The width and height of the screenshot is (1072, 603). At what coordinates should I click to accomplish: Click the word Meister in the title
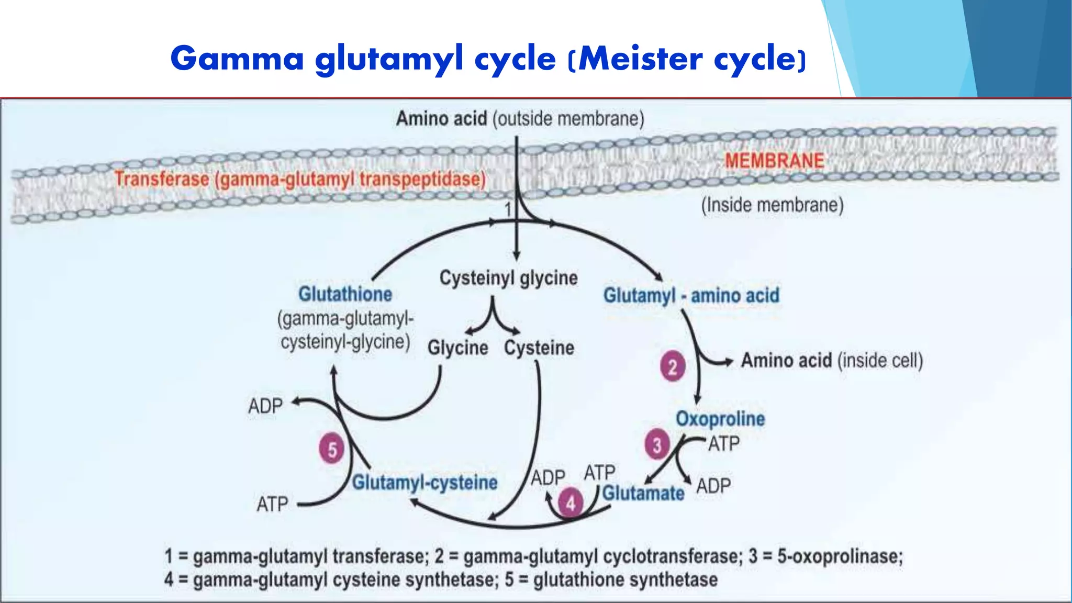click(x=640, y=59)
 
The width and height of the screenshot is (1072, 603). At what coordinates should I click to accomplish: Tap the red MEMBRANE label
click(x=774, y=161)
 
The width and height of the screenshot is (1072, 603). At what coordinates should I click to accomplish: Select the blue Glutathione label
click(x=345, y=294)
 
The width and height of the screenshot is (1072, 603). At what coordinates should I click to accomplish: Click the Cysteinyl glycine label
click(x=508, y=278)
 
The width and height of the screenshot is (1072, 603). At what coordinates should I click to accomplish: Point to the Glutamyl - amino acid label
click(x=691, y=296)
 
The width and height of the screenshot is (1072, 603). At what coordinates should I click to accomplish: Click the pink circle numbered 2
click(x=673, y=366)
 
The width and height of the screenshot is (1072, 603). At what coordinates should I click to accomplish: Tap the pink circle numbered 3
click(x=657, y=445)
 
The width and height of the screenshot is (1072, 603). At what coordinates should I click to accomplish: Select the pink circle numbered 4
click(x=571, y=503)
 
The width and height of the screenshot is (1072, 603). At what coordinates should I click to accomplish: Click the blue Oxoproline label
click(x=720, y=419)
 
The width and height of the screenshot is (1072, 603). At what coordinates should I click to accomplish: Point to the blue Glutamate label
click(x=643, y=493)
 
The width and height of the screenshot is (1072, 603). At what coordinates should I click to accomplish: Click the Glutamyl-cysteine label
click(x=425, y=483)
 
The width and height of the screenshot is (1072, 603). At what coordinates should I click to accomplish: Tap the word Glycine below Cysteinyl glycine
click(x=457, y=348)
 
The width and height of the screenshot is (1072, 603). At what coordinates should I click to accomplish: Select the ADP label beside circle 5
click(x=265, y=406)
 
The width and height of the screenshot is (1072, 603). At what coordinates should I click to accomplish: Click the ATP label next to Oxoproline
click(x=724, y=444)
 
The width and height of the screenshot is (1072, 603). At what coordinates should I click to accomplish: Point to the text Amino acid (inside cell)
click(x=831, y=361)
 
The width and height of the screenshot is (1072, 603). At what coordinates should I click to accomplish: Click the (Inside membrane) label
click(x=772, y=205)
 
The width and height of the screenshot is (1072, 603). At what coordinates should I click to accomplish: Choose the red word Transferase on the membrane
click(x=162, y=180)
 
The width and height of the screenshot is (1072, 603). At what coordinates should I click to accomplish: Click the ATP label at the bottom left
click(x=272, y=505)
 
